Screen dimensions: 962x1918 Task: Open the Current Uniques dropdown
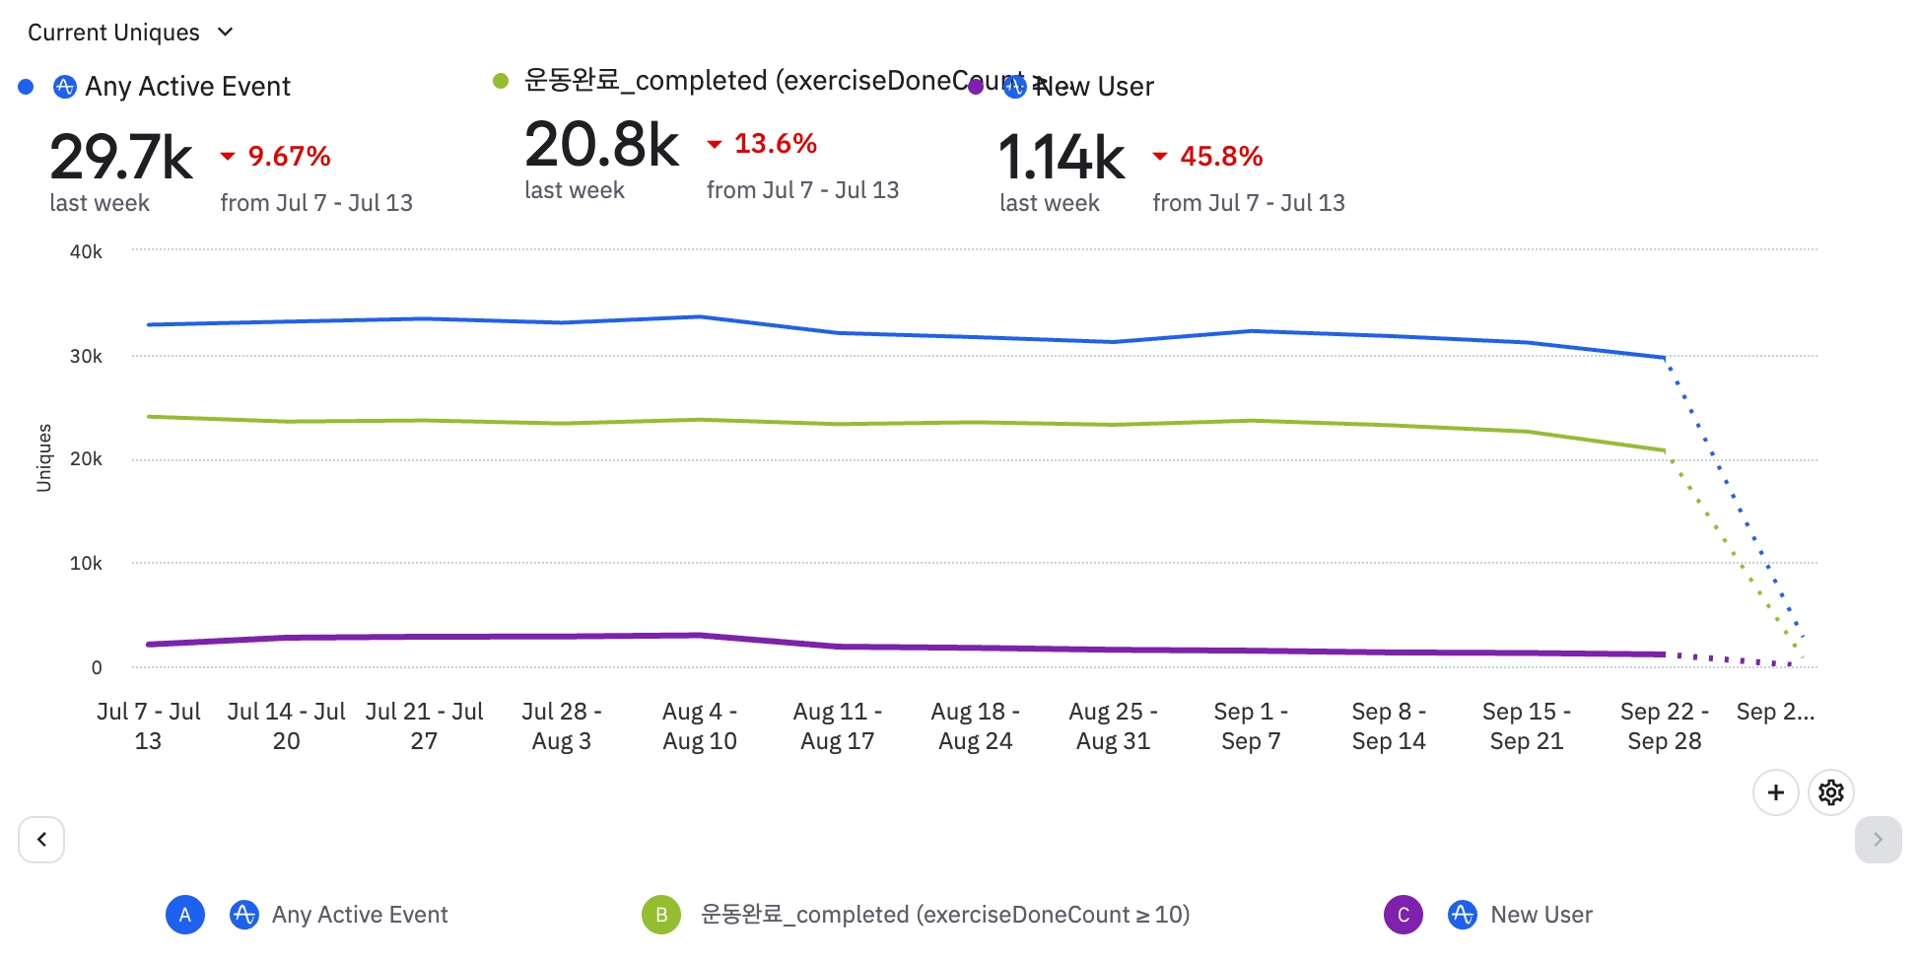130,33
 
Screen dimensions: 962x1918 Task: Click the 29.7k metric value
121,158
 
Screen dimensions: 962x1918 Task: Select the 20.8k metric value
601,145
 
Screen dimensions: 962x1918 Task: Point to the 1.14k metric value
1062,158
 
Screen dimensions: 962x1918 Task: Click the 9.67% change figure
288,156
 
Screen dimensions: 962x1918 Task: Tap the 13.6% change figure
775,144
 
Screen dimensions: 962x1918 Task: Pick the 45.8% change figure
1220,156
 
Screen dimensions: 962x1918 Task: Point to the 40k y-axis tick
86,251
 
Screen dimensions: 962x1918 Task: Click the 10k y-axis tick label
86,563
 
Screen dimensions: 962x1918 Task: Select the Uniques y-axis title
44,457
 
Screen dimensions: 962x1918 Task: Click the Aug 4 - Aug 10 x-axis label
700,725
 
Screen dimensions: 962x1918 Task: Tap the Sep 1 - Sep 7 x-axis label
1251,725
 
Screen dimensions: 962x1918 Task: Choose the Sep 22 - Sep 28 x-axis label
1665,725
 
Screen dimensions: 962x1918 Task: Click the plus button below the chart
1776,792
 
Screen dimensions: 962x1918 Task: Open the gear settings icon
1831,792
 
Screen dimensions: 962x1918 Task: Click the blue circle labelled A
185,915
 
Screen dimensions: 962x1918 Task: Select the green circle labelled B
661,915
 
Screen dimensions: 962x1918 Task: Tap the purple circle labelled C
1404,915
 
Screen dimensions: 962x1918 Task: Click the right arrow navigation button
1878,840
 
